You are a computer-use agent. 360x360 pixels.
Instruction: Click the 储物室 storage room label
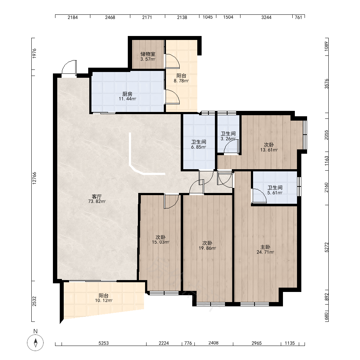point(148,54)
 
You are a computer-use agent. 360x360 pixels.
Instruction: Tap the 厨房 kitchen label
point(127,94)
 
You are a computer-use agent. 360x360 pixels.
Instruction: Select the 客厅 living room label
point(96,197)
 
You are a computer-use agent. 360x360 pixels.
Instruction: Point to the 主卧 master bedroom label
point(265,247)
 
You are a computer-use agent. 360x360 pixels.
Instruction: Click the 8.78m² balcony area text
point(181,81)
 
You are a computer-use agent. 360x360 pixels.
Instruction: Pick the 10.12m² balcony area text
point(104,301)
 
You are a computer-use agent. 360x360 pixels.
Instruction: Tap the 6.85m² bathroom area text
point(198,147)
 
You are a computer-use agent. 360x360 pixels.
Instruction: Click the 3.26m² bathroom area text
point(228,139)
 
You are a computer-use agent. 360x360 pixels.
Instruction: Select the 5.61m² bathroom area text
point(275,193)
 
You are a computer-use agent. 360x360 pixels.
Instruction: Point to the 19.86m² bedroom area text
point(207,248)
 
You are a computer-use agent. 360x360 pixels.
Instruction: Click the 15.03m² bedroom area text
point(161,242)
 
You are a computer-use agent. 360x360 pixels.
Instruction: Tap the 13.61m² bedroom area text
point(269,150)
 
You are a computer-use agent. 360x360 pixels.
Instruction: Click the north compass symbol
point(35,343)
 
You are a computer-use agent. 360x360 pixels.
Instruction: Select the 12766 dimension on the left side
point(34,178)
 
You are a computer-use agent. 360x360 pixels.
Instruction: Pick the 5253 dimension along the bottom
point(104,343)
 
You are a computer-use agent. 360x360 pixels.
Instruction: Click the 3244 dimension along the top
point(266,17)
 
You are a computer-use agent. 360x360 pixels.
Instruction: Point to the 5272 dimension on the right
point(327,248)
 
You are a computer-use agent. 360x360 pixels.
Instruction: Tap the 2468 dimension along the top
point(110,17)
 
